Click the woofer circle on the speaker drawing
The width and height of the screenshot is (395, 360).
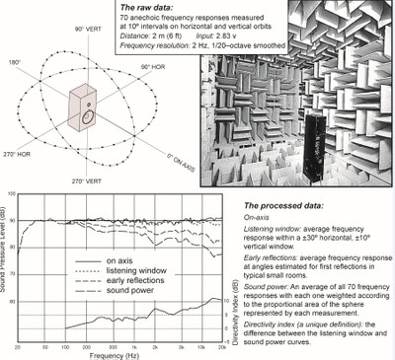click(x=86, y=119)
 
